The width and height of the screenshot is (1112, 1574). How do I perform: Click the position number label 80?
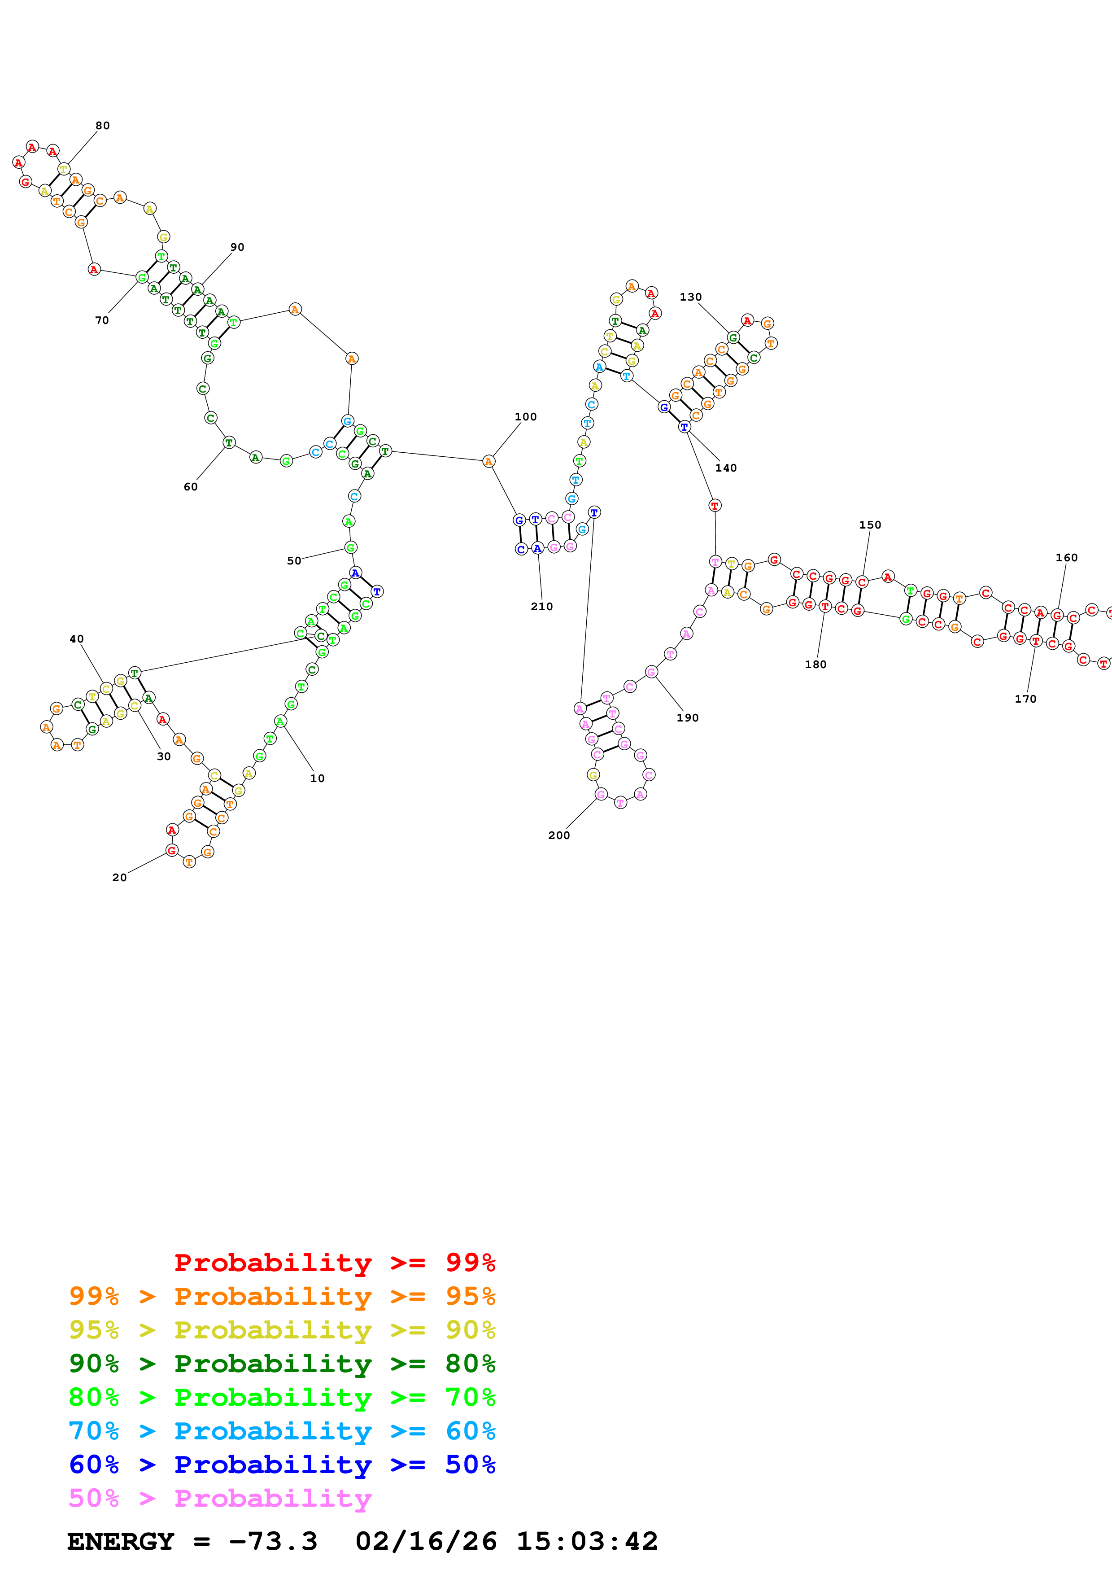[x=102, y=126]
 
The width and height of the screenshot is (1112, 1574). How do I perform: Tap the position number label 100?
[x=526, y=417]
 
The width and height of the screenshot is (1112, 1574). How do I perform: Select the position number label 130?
[x=691, y=297]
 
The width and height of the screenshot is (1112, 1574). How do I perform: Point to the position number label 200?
[x=559, y=835]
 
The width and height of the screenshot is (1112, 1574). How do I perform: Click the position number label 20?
[x=119, y=878]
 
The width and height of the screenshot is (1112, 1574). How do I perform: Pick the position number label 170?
[x=1026, y=699]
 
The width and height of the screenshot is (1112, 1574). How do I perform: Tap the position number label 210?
[x=542, y=606]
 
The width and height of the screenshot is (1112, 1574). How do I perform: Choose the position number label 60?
[x=191, y=487]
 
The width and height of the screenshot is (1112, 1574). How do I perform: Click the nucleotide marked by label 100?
[x=488, y=461]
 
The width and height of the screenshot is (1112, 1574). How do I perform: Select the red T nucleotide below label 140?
[x=715, y=505]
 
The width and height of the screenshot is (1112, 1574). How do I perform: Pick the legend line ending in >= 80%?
[x=282, y=1364]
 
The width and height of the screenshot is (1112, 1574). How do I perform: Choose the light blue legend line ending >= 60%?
[x=282, y=1431]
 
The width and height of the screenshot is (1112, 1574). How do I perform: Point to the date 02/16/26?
[x=426, y=1541]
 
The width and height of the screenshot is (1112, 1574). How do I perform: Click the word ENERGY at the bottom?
[x=121, y=1541]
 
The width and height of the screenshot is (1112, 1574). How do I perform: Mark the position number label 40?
[x=77, y=639]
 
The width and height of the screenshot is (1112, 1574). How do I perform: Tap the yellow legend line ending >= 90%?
[x=282, y=1330]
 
